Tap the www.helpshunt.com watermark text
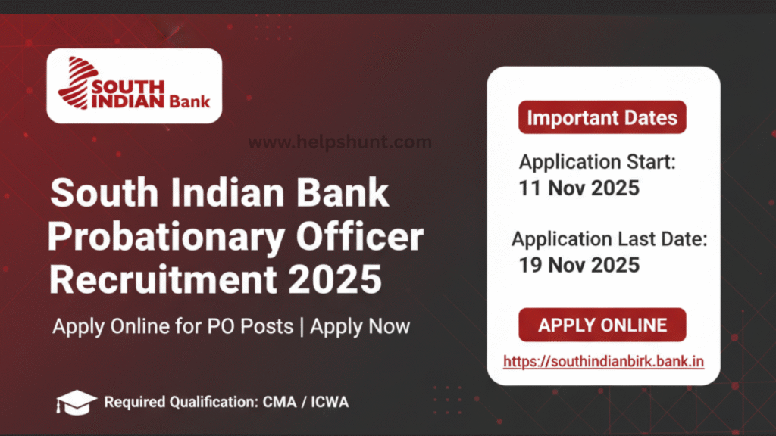point(340,142)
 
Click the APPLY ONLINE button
point(602,325)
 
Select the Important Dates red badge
point(602,118)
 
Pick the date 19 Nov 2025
point(579,265)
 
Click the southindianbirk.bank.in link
point(603,361)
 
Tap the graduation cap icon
point(76,401)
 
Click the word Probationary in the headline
point(146,238)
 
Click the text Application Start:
point(597,161)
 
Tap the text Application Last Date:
point(609,240)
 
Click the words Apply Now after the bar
point(360,327)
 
